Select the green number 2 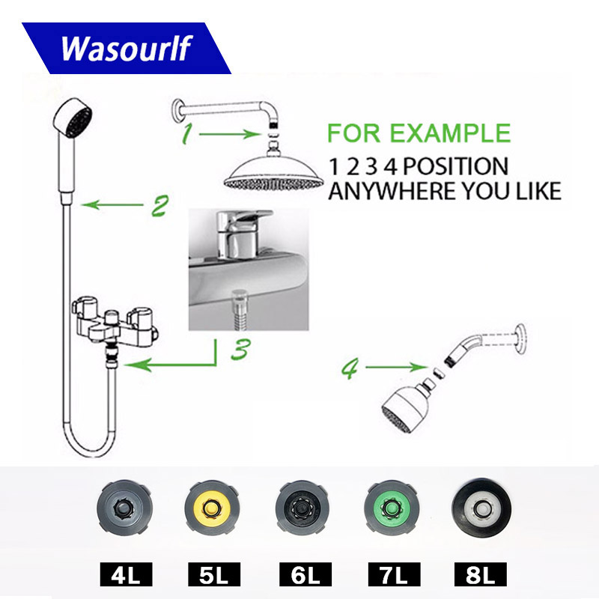click(x=159, y=206)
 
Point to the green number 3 click(x=238, y=350)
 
